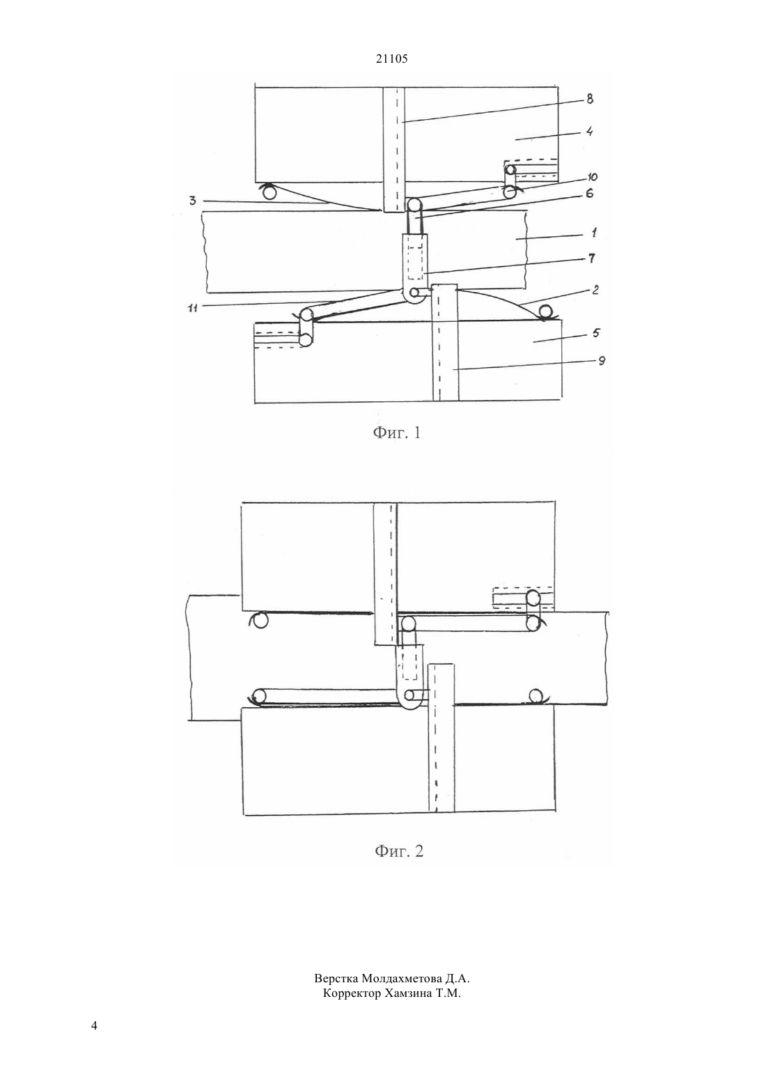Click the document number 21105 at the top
[x=391, y=59]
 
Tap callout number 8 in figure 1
[x=590, y=99]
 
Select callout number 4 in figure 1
[x=589, y=132]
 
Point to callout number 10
[x=592, y=177]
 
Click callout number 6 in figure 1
[x=589, y=194]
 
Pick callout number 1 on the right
[x=593, y=233]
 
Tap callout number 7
[x=591, y=258]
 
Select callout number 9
[x=601, y=361]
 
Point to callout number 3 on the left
[x=192, y=201]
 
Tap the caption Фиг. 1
[x=396, y=433]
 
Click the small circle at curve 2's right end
[x=547, y=313]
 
